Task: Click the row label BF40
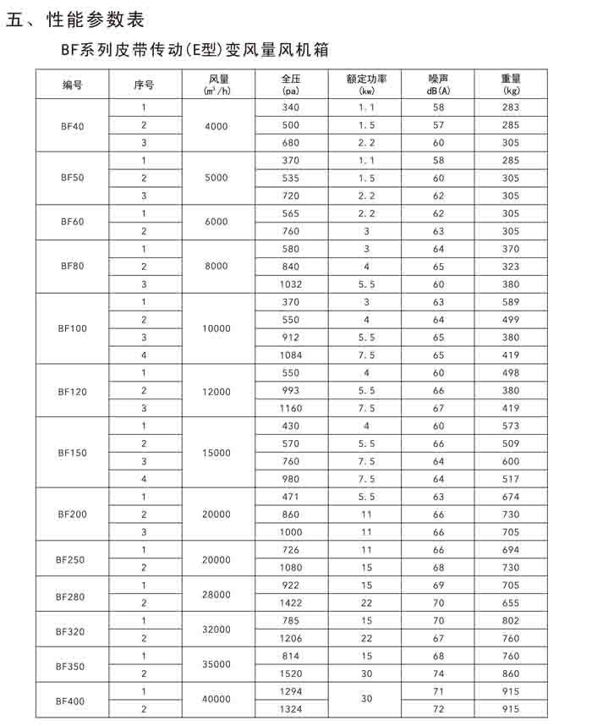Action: pyautogui.click(x=72, y=126)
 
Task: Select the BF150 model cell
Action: pyautogui.click(x=72, y=453)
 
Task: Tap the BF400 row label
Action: pyautogui.click(x=72, y=701)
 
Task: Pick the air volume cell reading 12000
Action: pyautogui.click(x=217, y=391)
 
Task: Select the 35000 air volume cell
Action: pyautogui.click(x=217, y=666)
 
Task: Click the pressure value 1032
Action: pyautogui.click(x=291, y=284)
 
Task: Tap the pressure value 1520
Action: pyautogui.click(x=291, y=674)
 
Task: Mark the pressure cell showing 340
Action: pyautogui.click(x=291, y=108)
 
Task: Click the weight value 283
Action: pyautogui.click(x=510, y=108)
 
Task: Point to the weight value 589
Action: pyautogui.click(x=510, y=302)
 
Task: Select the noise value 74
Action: pyautogui.click(x=438, y=674)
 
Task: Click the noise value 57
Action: pyautogui.click(x=438, y=125)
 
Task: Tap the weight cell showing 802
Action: pyautogui.click(x=510, y=621)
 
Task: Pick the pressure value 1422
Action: pyautogui.click(x=291, y=603)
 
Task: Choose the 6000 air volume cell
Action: pyautogui.click(x=217, y=222)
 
